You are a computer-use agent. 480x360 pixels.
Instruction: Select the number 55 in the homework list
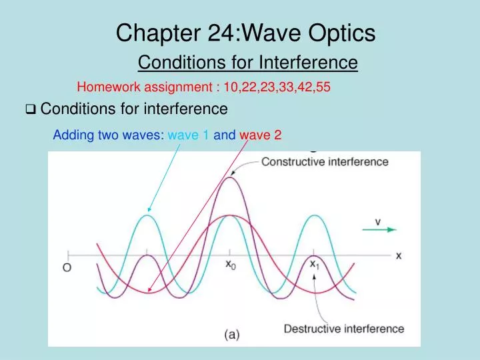(x=323, y=87)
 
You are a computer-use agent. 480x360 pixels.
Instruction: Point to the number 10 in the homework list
(x=229, y=87)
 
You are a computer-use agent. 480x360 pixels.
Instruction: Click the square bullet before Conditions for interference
(x=31, y=109)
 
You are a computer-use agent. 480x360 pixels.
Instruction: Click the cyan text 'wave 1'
(x=189, y=135)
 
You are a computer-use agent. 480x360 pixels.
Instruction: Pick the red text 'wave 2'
(x=261, y=135)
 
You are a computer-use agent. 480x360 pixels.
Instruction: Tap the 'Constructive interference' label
(x=325, y=162)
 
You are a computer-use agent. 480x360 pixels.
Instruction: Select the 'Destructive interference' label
(x=344, y=328)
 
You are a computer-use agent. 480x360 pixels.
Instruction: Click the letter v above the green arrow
(x=377, y=221)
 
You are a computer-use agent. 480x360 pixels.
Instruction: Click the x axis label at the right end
(x=399, y=255)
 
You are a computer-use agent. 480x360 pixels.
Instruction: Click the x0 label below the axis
(x=230, y=265)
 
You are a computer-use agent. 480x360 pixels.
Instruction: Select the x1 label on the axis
(x=315, y=263)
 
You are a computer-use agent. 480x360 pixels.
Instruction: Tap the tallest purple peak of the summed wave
(x=231, y=177)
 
